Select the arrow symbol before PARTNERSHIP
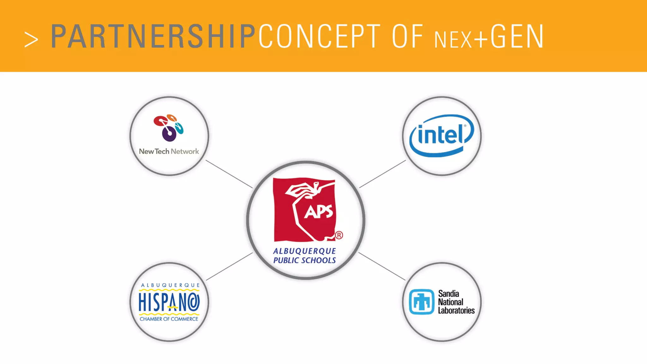click(31, 40)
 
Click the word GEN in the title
click(517, 37)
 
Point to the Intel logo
click(442, 136)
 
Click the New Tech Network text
click(169, 151)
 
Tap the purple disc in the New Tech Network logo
click(169, 134)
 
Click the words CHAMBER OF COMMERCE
click(169, 319)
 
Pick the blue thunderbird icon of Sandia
click(421, 302)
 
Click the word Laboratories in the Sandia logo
click(456, 311)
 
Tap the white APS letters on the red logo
click(318, 212)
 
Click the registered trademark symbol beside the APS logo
click(339, 235)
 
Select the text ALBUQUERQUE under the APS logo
click(305, 251)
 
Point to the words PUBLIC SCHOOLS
click(305, 260)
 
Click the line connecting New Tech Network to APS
click(229, 174)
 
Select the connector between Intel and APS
click(382, 174)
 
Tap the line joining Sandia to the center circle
click(382, 266)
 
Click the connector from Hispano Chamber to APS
click(229, 266)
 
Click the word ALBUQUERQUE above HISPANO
click(170, 285)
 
